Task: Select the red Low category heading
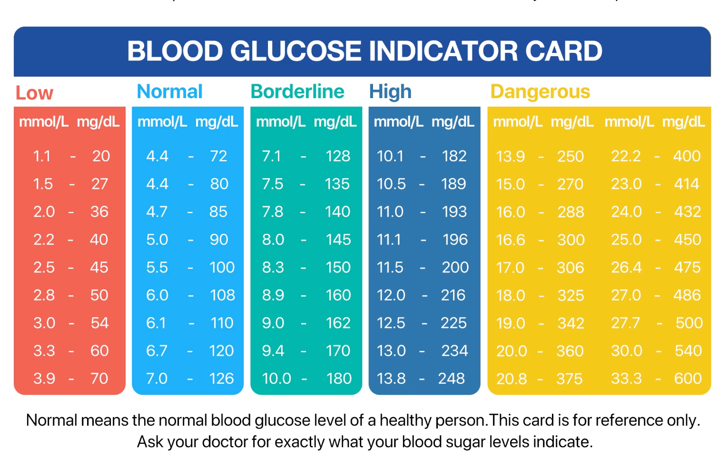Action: click(34, 93)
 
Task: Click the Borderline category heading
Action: click(297, 91)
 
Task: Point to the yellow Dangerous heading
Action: click(540, 91)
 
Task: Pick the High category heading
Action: click(390, 91)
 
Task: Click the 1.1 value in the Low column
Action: click(42, 156)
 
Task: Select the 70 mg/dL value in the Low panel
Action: click(99, 379)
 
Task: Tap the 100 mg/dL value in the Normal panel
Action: click(222, 267)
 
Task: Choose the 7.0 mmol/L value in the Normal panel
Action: click(157, 379)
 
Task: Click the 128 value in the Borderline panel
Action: click(338, 156)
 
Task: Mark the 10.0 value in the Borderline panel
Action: click(276, 379)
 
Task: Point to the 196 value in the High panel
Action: click(455, 239)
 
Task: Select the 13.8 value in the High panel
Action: click(391, 379)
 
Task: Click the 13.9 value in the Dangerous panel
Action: click(510, 157)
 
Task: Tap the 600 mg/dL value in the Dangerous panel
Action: click(688, 379)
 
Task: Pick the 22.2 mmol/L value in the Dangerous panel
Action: click(626, 156)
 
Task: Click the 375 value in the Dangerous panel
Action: click(570, 379)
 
